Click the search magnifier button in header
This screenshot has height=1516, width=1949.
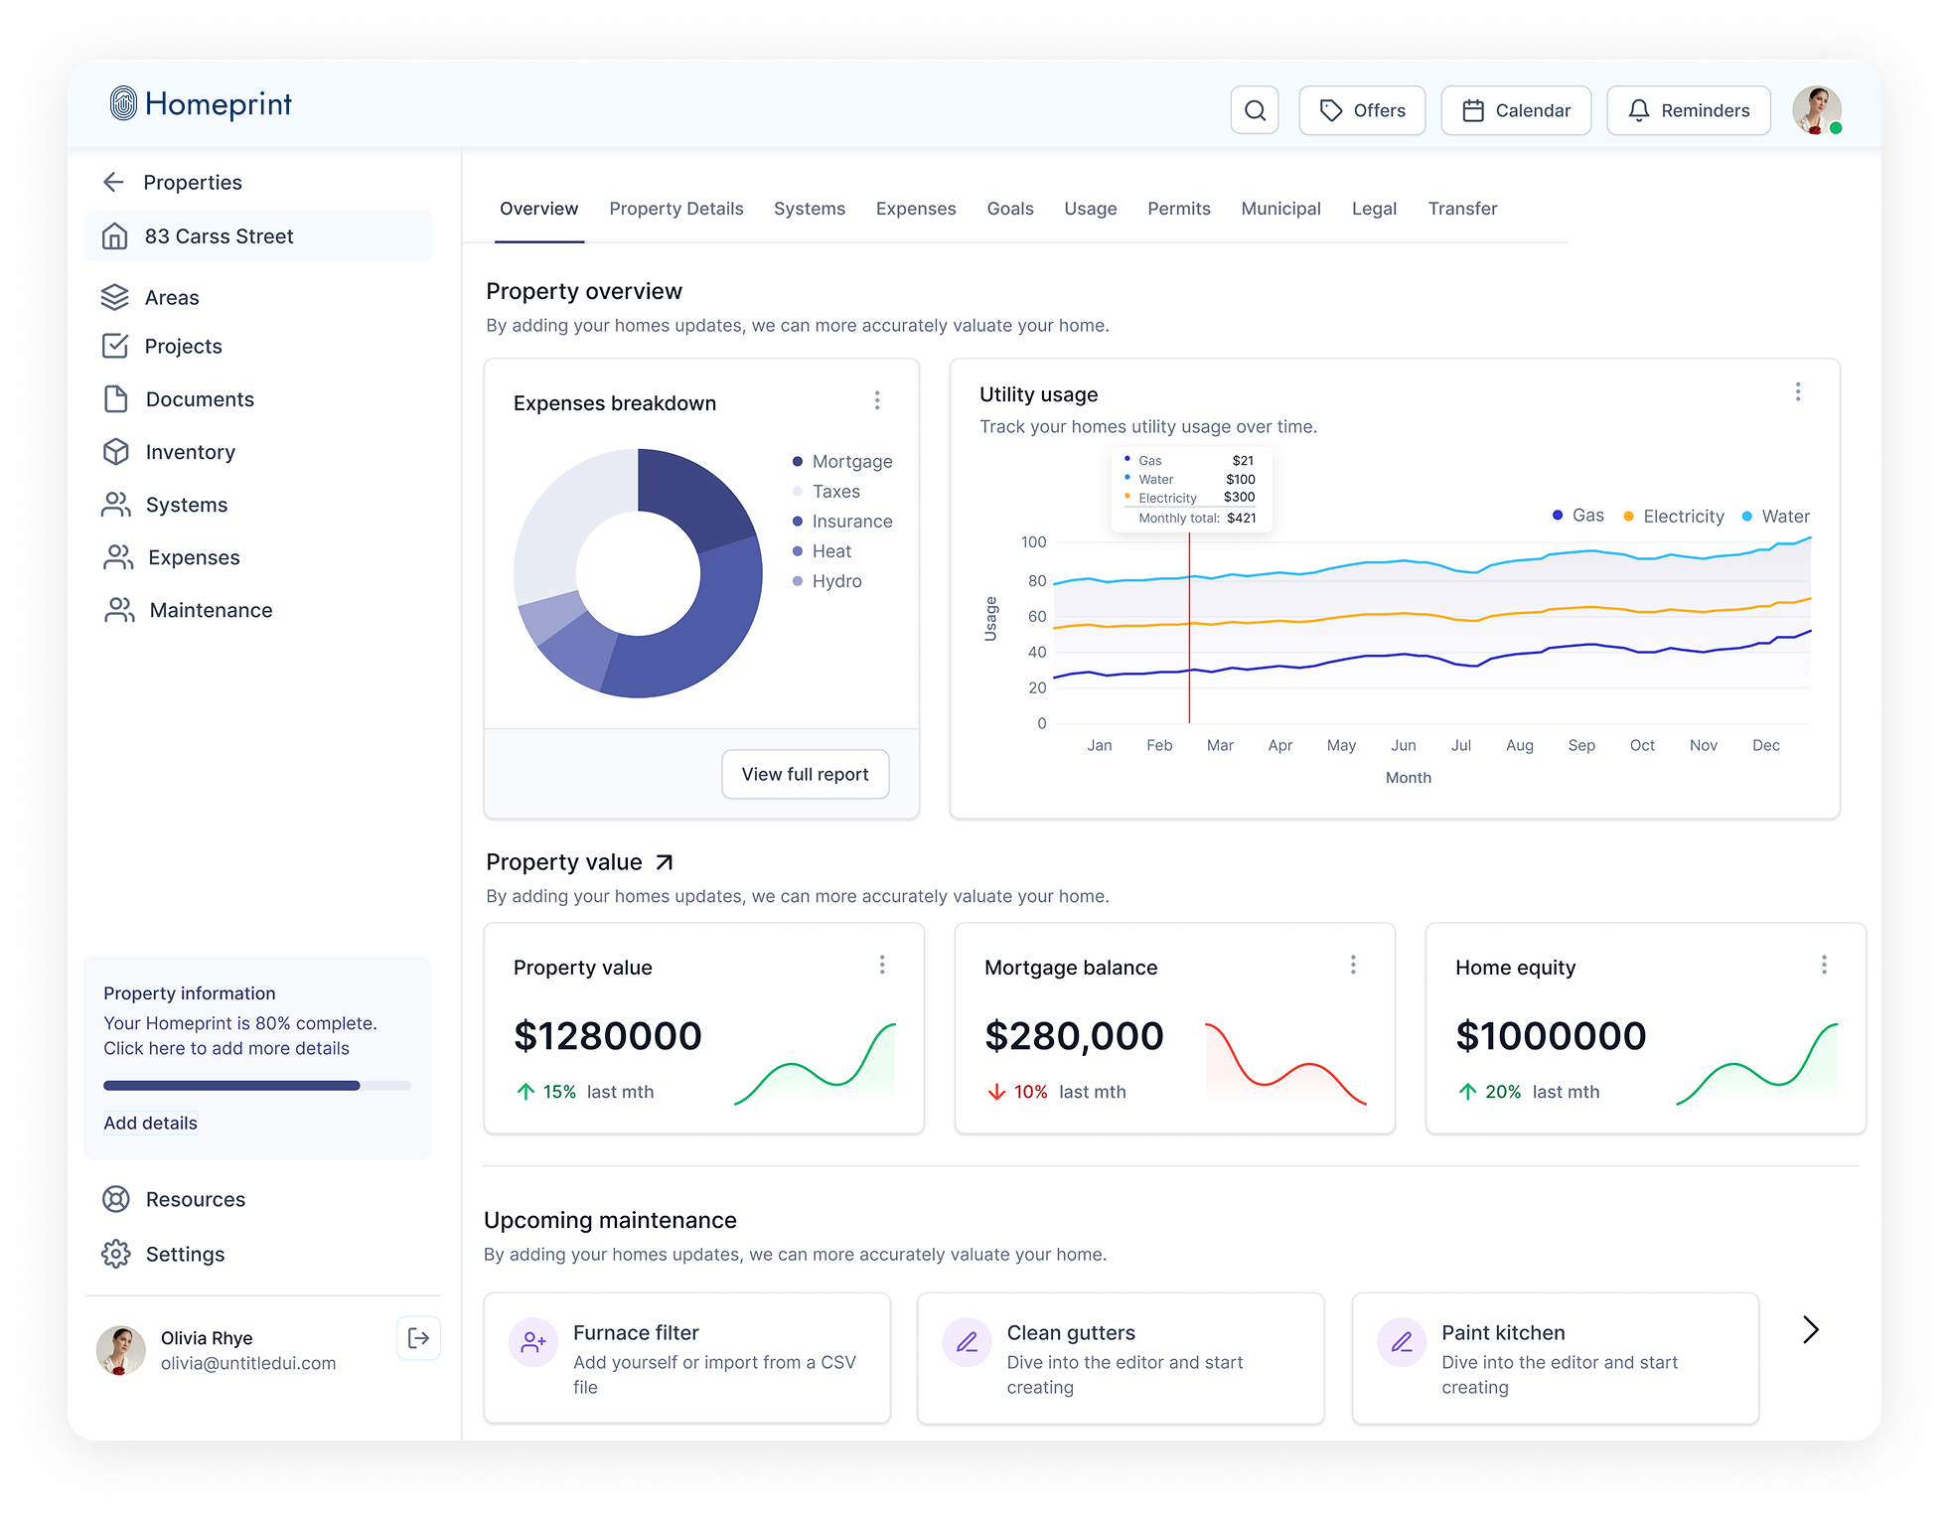click(x=1255, y=110)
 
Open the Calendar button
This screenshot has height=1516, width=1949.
click(x=1516, y=110)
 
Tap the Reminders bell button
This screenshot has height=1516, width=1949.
click(x=1688, y=110)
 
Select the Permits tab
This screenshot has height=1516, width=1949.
click(x=1178, y=209)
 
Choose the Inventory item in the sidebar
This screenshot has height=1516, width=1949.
click(x=190, y=452)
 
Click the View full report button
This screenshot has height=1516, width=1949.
click(x=805, y=774)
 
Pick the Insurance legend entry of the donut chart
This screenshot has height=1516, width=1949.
click(x=851, y=522)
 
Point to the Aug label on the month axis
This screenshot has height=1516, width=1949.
click(x=1519, y=745)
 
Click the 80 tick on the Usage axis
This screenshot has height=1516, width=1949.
click(x=1036, y=580)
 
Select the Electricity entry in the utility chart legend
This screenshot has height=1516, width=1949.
click(x=1683, y=517)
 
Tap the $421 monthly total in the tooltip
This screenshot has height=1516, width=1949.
click(x=1241, y=518)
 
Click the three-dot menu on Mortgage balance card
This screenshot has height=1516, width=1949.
click(x=1352, y=965)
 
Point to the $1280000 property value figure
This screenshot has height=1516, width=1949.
click(x=607, y=1036)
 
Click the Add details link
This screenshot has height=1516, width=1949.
click(x=150, y=1123)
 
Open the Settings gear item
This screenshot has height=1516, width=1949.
click(x=185, y=1254)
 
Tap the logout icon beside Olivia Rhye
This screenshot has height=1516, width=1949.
click(x=418, y=1338)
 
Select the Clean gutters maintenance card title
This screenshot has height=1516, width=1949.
click(x=1070, y=1332)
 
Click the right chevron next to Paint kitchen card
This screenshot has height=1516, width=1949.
click(x=1810, y=1329)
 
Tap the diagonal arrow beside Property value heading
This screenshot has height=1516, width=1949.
click(x=665, y=862)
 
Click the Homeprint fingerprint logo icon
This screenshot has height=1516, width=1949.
click(x=123, y=103)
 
